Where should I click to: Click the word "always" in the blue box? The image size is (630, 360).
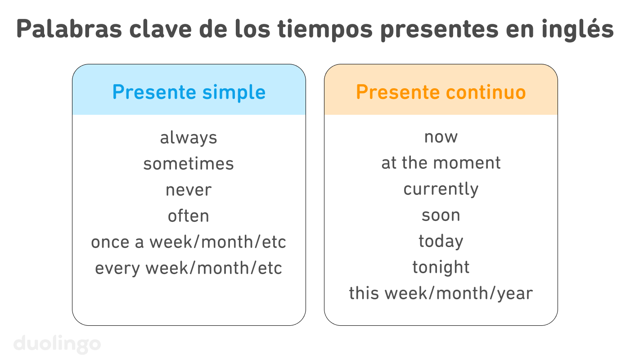[x=189, y=138]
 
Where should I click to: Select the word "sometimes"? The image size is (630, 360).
[x=189, y=163]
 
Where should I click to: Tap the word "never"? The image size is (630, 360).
[x=189, y=190]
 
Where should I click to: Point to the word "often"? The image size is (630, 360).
[x=189, y=216]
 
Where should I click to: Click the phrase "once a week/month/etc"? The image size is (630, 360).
[x=189, y=242]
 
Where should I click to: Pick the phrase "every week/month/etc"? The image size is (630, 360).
[x=189, y=268]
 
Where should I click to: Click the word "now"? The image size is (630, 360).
[x=441, y=137]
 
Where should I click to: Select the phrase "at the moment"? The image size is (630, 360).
[x=441, y=163]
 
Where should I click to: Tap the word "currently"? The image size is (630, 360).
[x=441, y=189]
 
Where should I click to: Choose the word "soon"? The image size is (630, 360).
[x=441, y=215]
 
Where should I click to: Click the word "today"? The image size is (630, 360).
[x=441, y=242]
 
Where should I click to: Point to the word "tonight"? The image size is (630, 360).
[x=441, y=268]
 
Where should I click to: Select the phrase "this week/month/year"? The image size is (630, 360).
[x=441, y=293]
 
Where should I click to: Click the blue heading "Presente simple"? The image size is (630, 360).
[x=189, y=92]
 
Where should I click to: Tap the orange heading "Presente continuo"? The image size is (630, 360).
[x=441, y=92]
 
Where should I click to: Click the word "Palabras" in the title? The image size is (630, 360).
[x=69, y=29]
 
